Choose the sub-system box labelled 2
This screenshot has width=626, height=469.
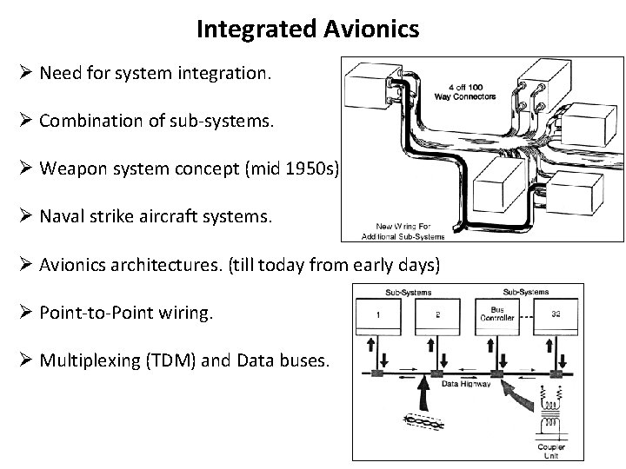(x=436, y=315)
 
